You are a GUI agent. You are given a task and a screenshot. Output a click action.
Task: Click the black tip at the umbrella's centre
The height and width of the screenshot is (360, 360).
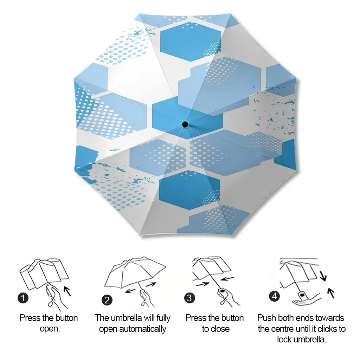(185, 124)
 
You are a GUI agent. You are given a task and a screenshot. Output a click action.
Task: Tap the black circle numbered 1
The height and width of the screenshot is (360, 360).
(23, 298)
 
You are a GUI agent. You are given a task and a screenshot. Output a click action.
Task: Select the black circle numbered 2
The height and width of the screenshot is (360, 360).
(107, 300)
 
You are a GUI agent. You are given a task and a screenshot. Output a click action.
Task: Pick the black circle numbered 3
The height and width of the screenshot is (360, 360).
(189, 298)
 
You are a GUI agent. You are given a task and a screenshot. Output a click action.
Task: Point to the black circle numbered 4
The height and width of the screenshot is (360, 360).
(274, 296)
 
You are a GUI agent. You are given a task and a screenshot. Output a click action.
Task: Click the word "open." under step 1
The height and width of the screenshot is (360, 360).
(50, 329)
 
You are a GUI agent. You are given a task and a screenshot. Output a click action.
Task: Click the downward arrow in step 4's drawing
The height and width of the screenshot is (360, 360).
(323, 276)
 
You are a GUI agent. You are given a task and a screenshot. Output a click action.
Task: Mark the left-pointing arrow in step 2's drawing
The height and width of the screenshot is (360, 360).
(130, 291)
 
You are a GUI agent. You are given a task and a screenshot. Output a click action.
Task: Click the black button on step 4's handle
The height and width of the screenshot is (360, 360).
(302, 294)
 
